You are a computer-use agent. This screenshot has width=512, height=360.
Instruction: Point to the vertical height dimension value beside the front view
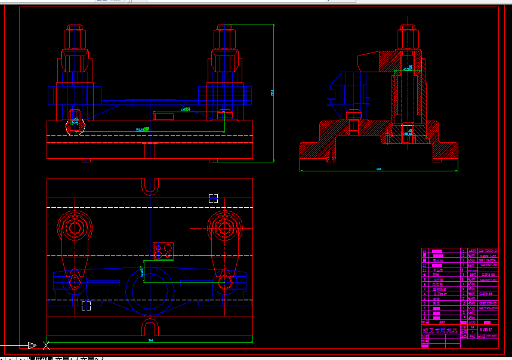coord(272,93)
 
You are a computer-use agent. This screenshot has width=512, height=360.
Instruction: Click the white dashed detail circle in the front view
coord(75,124)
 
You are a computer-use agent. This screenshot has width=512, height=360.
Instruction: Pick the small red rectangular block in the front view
coord(164,116)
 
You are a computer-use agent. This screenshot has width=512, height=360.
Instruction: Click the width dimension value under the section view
coord(378,170)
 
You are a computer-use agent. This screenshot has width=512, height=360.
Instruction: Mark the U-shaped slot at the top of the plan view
coord(150,186)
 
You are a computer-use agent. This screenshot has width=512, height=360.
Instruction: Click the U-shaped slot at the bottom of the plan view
coord(150,328)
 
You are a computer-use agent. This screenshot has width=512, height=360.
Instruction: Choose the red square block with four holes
coord(163,251)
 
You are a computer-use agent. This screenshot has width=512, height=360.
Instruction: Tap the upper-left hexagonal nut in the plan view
coord(75,227)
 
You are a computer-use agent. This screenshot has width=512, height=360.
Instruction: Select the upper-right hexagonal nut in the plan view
coord(225,227)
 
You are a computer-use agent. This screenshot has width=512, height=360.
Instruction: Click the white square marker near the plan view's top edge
coord(213,198)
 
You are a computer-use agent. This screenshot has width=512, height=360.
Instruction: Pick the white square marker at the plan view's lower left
coord(87,306)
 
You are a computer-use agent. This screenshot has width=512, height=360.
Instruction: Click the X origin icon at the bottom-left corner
coord(46,344)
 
